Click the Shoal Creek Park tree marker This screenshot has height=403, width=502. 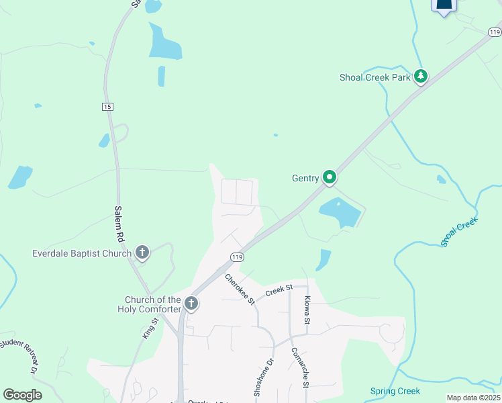point(421,77)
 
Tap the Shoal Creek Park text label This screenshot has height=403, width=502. point(374,77)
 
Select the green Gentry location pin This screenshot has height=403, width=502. point(330,177)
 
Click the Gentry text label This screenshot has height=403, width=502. point(305,179)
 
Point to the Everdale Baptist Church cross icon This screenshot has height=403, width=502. point(142,253)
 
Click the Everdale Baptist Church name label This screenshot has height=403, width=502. point(83,253)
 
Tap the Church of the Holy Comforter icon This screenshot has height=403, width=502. point(191,304)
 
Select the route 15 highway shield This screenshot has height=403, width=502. point(107,107)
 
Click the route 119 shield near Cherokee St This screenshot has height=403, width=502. point(236,257)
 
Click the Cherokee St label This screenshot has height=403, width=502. point(240,289)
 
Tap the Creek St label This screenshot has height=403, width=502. point(280,289)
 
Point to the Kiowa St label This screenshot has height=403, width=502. point(306,310)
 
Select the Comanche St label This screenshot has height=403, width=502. point(299,367)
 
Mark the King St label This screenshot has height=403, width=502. point(150,329)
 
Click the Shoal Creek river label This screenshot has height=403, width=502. point(459,232)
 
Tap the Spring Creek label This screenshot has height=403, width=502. point(395,391)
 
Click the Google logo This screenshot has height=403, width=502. point(22,394)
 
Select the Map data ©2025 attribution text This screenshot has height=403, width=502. point(473,398)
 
